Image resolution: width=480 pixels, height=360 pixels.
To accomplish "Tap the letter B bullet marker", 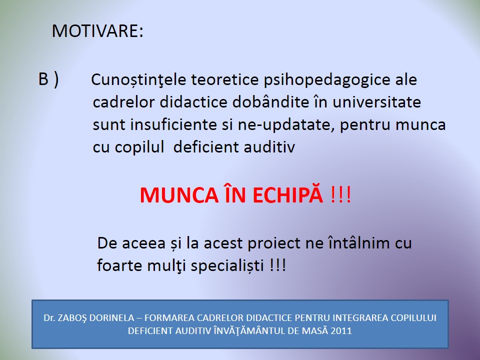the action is tap(43, 79).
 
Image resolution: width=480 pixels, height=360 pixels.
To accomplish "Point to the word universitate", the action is tap(376, 102).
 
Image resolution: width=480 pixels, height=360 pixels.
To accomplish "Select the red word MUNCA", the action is tap(179, 195).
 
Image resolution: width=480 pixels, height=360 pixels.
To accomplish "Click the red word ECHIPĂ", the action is tap(288, 194).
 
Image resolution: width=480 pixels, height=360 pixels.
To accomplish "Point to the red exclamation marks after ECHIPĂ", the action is tap(340, 194).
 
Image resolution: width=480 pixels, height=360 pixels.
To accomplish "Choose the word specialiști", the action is tap(227, 265).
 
